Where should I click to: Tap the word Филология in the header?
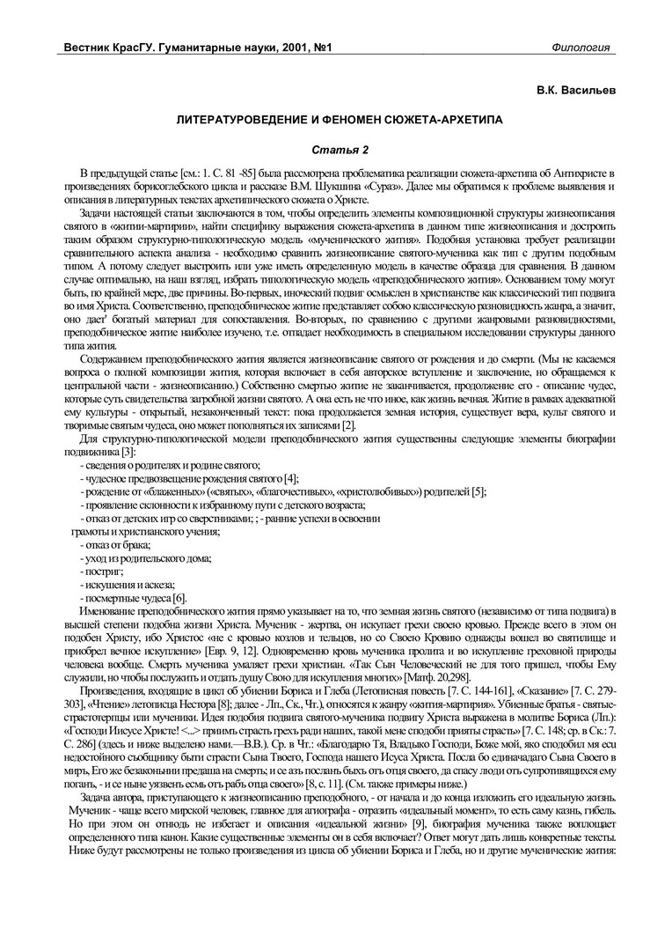(x=581, y=47)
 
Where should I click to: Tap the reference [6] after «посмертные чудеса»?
(x=181, y=596)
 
